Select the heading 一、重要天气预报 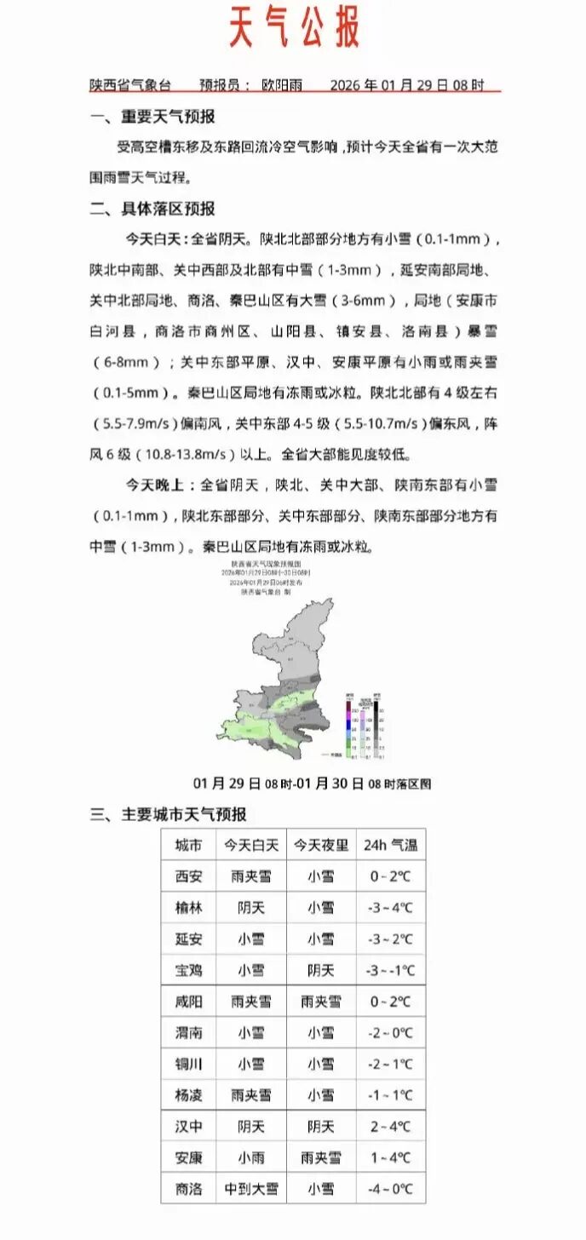point(154,118)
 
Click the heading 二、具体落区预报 point(154,209)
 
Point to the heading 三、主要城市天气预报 point(169,814)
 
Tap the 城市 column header point(188,845)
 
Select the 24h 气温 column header point(390,845)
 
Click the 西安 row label point(188,876)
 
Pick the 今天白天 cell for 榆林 point(250,908)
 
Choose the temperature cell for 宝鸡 point(390,970)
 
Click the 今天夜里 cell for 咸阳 point(320,1002)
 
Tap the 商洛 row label point(188,1189)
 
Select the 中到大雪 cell point(250,1189)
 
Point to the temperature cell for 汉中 point(390,1127)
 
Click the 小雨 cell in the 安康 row point(250,1158)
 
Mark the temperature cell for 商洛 point(390,1189)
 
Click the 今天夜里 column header point(320,845)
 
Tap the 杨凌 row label point(188,1095)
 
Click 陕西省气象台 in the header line point(130,85)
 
